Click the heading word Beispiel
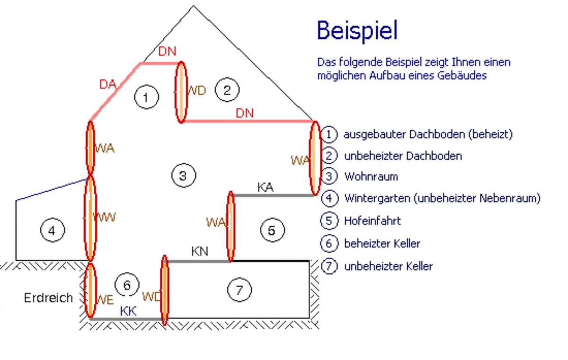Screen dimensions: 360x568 (357, 31)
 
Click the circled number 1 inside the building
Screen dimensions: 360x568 (146, 97)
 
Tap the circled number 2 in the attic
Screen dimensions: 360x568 (227, 89)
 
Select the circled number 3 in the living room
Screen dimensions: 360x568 (183, 176)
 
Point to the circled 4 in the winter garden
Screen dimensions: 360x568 (52, 230)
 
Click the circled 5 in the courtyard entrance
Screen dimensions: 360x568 (271, 230)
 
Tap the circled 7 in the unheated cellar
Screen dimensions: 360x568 (239, 290)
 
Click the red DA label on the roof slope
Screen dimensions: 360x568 (108, 85)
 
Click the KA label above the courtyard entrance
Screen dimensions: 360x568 (265, 187)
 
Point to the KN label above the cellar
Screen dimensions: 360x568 (200, 251)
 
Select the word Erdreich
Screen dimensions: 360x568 (48, 298)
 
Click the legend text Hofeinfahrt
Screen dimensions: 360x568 (373, 221)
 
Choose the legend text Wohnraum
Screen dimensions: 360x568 (371, 177)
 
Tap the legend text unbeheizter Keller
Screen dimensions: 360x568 (388, 266)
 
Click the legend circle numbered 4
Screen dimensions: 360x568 (329, 198)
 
